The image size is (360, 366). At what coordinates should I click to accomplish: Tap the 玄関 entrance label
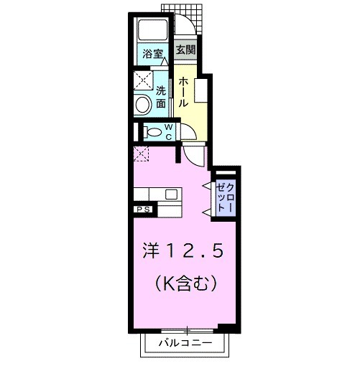(185, 50)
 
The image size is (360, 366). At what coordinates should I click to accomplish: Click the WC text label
(168, 131)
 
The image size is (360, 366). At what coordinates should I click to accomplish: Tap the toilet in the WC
(150, 132)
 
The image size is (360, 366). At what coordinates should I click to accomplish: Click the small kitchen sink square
(172, 194)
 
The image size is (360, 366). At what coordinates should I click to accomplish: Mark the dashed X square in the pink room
(140, 152)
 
